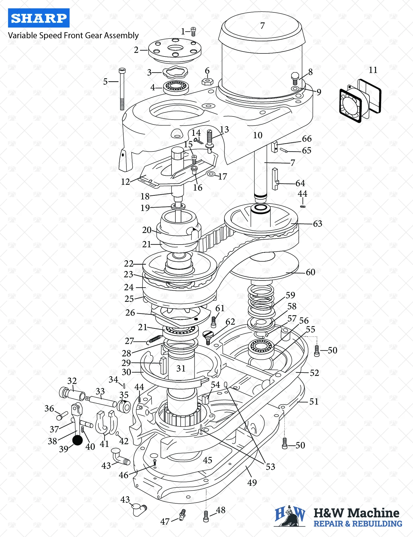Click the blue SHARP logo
click(39, 18)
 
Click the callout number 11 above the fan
click(373, 70)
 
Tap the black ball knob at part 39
click(77, 440)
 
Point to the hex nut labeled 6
click(208, 82)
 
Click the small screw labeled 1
click(193, 31)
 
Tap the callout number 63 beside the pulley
click(317, 224)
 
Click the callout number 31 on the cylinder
click(181, 368)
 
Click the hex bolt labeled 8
click(295, 78)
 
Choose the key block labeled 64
click(275, 179)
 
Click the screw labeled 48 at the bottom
click(206, 516)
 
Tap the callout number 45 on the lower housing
click(208, 460)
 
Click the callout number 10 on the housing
click(258, 135)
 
